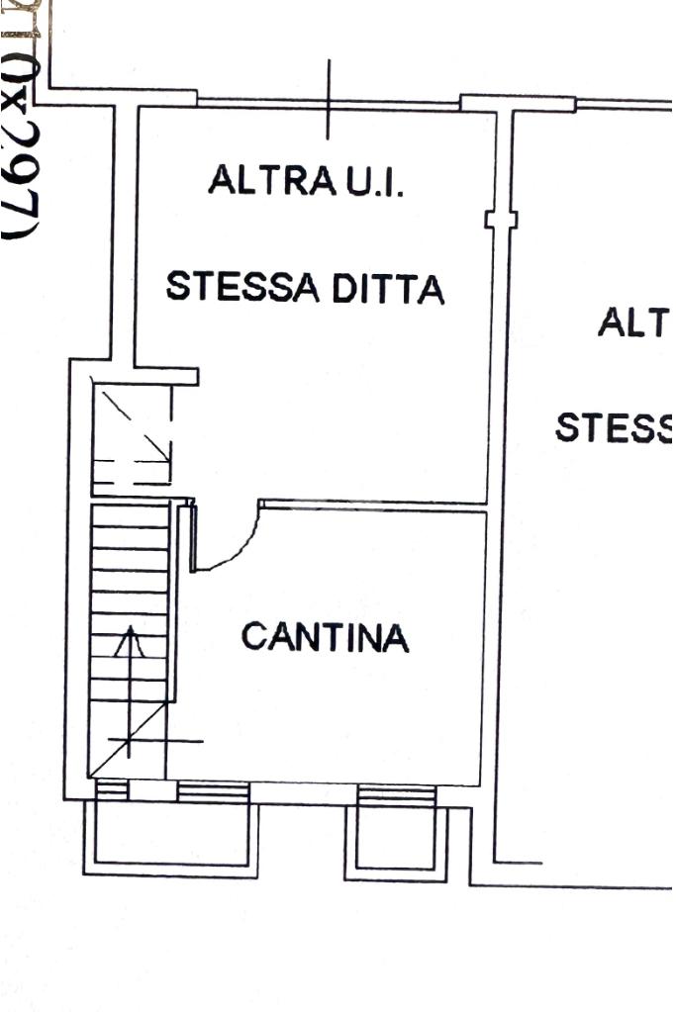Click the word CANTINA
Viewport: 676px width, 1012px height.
[325, 637]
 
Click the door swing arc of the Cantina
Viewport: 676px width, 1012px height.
[238, 549]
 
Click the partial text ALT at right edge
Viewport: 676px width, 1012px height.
[634, 323]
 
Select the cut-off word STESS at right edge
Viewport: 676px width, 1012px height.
[614, 429]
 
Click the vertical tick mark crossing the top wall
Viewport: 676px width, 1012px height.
[330, 99]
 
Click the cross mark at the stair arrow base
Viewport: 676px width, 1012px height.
[130, 739]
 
